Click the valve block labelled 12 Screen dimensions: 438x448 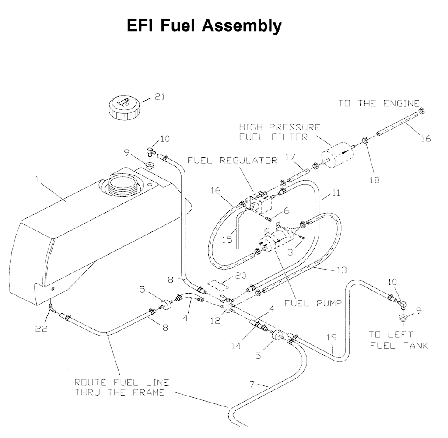(227, 305)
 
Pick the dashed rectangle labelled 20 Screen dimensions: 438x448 (218, 283)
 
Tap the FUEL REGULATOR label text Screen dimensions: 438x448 (232, 160)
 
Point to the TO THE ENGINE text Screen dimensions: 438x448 (378, 104)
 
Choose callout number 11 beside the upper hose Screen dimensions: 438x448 (336, 192)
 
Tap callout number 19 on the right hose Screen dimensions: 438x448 (331, 337)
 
